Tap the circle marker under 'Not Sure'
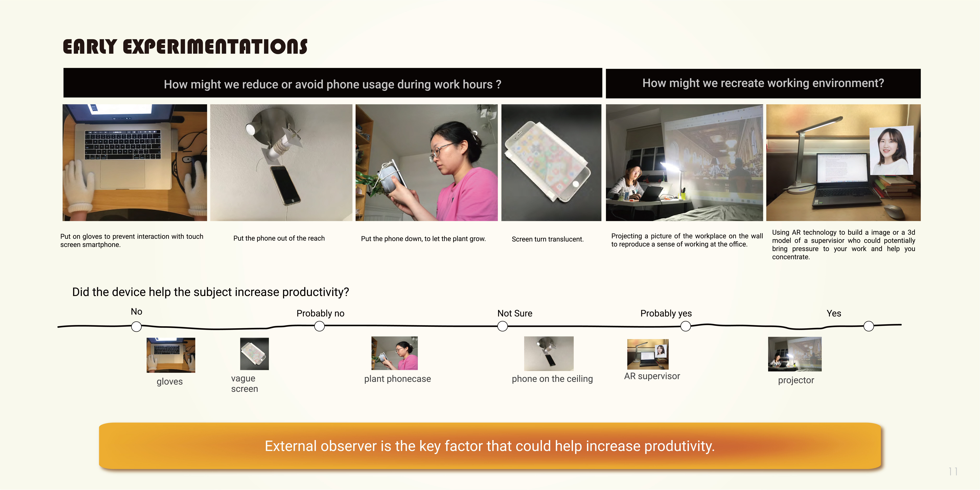pyautogui.click(x=503, y=326)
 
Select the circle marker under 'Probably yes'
pyautogui.click(x=686, y=326)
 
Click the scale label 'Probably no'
pyautogui.click(x=320, y=314)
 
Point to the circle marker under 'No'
pyautogui.click(x=136, y=326)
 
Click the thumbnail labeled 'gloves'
pyautogui.click(x=171, y=355)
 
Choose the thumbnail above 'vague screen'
pyautogui.click(x=255, y=354)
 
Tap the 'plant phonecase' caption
pyautogui.click(x=398, y=379)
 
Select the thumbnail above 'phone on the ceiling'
pyautogui.click(x=549, y=353)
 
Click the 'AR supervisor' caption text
pyautogui.click(x=652, y=376)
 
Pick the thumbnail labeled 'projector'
pyautogui.click(x=795, y=354)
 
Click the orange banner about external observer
pyautogui.click(x=490, y=446)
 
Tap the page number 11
pyautogui.click(x=953, y=472)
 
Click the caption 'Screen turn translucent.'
pyautogui.click(x=547, y=239)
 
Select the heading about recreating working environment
pyautogui.click(x=763, y=83)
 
